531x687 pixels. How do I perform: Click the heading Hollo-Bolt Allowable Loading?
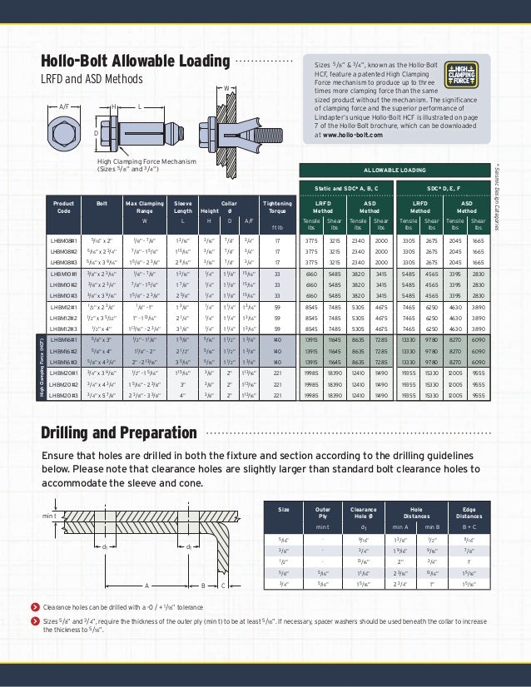[x=136, y=62]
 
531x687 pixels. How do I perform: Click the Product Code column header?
[x=63, y=206]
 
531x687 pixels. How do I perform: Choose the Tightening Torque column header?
[x=277, y=206]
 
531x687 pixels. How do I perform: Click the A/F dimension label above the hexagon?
[x=64, y=106]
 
